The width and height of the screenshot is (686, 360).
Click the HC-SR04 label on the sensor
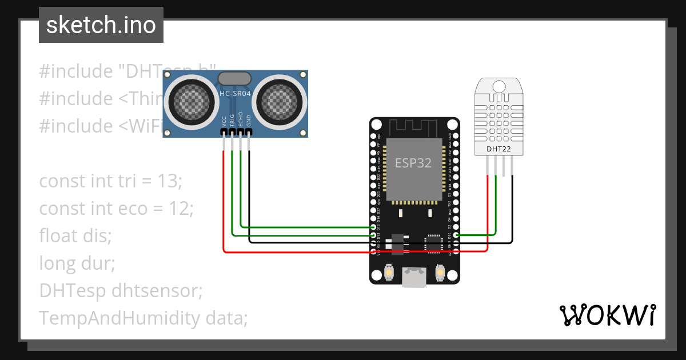(x=235, y=93)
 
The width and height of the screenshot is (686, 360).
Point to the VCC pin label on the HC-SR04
(x=224, y=121)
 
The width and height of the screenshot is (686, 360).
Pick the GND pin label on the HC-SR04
(x=249, y=121)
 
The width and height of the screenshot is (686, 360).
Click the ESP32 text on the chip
(x=413, y=162)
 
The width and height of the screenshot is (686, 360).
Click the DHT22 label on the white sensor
(x=498, y=150)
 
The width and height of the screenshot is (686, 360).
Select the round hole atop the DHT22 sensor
(x=498, y=86)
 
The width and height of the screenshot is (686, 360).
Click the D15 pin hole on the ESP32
(x=455, y=234)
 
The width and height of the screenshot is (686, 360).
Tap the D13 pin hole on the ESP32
(x=374, y=235)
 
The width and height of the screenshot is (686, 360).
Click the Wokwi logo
(x=607, y=315)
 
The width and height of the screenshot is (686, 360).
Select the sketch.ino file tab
(x=101, y=25)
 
